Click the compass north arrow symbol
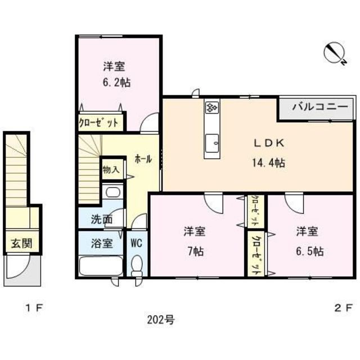[335, 53]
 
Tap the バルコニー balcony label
[320, 107]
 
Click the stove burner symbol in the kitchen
[212, 107]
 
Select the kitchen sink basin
[212, 143]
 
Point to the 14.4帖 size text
[269, 163]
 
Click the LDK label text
[269, 143]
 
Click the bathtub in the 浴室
[101, 266]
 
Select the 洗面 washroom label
[102, 219]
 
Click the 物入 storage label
[111, 170]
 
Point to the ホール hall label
[143, 159]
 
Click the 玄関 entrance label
[21, 244]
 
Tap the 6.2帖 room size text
[116, 82]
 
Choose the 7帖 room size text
[196, 251]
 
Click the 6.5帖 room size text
[310, 251]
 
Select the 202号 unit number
[161, 319]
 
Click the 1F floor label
[34, 308]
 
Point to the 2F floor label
[343, 308]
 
